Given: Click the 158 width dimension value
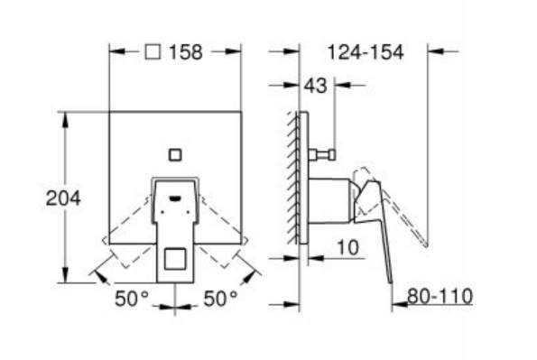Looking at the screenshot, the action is point(186,52).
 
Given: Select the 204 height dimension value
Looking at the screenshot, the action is point(63,198).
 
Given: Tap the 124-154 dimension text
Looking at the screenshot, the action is point(366,52).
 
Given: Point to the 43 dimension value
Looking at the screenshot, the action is point(315,86).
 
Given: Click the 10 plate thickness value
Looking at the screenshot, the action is point(348,247).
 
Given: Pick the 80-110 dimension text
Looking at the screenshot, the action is point(440,296).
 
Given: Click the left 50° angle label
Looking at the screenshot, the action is point(131,299).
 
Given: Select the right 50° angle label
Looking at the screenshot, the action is point(220,299).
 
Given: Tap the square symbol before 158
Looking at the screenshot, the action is point(153,52).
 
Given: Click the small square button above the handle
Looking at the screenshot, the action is point(175,155).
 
